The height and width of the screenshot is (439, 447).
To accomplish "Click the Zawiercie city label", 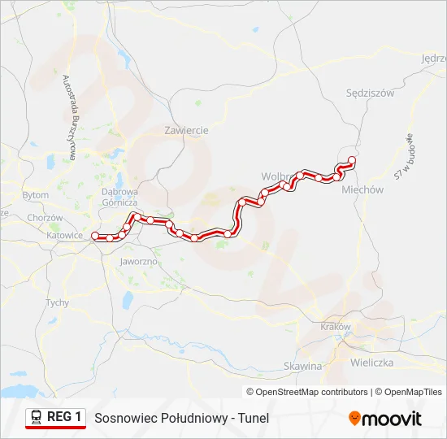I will click(x=186, y=130).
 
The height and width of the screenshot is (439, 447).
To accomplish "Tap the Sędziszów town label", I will click(x=370, y=93).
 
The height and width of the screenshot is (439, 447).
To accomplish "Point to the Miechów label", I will click(x=362, y=189).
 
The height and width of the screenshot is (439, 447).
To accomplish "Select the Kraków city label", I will click(x=335, y=327).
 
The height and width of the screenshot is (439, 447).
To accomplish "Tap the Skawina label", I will click(x=303, y=367).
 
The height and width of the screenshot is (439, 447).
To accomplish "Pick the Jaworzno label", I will click(x=138, y=263).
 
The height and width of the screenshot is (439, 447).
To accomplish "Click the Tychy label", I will click(x=57, y=302).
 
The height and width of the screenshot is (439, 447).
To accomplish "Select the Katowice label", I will click(x=65, y=236).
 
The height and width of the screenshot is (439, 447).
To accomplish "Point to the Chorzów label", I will click(x=45, y=218).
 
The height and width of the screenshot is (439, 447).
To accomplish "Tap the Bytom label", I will click(x=35, y=196).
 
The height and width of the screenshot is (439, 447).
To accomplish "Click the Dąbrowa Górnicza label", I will click(x=119, y=197).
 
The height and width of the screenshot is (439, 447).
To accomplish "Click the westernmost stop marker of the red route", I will click(x=95, y=236).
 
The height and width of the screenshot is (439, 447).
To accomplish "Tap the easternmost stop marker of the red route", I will click(x=351, y=160).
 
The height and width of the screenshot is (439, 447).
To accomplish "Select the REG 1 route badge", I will click(x=55, y=418).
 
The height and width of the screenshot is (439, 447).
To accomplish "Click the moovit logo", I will click(x=385, y=419).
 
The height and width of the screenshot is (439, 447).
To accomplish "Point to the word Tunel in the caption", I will click(x=253, y=419).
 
